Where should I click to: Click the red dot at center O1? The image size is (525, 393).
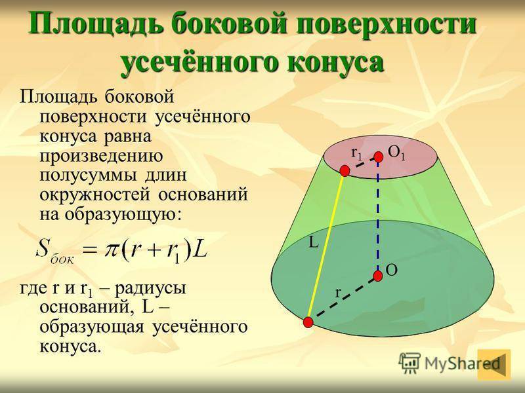click(x=379, y=157)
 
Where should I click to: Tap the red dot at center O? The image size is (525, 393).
click(x=378, y=276)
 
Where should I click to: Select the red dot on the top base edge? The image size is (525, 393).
click(x=345, y=171)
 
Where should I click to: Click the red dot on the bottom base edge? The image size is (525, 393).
click(x=308, y=322)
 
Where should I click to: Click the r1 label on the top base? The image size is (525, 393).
click(x=357, y=154)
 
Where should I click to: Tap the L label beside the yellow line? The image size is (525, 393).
click(x=314, y=242)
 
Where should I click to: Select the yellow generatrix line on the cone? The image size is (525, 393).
click(x=326, y=247)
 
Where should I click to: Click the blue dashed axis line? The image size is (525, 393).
click(x=378, y=216)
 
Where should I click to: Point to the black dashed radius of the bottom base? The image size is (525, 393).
click(x=343, y=299)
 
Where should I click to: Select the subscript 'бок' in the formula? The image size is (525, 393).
click(x=62, y=259)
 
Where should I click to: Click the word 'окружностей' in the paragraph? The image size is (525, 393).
click(x=94, y=195)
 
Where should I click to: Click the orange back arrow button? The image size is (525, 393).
click(x=494, y=364)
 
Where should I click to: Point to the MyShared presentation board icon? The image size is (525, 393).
click(x=409, y=363)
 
